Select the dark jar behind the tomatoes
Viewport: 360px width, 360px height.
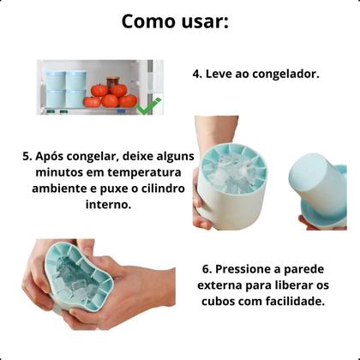tap(113, 81)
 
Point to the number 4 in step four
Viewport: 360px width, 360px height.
tap(196, 74)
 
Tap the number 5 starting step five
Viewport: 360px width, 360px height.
tap(27, 158)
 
